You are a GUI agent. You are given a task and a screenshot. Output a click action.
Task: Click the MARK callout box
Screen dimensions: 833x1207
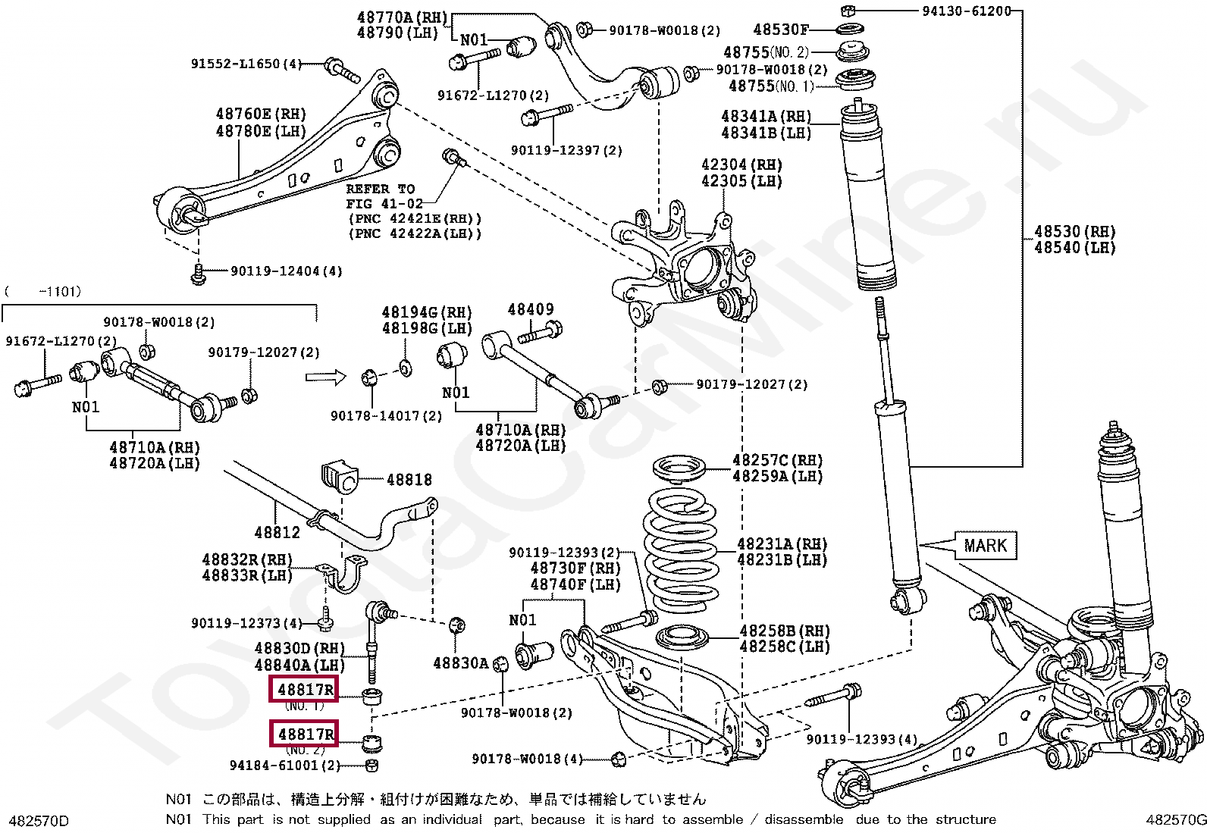pyautogui.click(x=985, y=546)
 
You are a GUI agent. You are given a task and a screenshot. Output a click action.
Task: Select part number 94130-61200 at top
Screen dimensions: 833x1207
pyautogui.click(x=966, y=11)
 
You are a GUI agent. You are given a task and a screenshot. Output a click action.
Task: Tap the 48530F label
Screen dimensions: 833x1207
pyautogui.click(x=780, y=30)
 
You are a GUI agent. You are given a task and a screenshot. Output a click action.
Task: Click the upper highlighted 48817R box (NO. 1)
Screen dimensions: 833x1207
pyautogui.click(x=305, y=690)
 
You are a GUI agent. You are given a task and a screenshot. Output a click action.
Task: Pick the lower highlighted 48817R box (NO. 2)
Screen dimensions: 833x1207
pyautogui.click(x=305, y=734)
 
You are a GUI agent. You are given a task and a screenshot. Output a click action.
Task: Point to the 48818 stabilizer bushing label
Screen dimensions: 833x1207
pyautogui.click(x=409, y=480)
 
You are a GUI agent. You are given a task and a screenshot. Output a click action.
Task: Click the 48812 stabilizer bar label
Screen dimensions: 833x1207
pyautogui.click(x=277, y=532)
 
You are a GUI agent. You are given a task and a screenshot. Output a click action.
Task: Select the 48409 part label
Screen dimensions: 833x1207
pyautogui.click(x=530, y=309)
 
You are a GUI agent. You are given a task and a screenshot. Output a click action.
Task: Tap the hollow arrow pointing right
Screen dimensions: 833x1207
pyautogui.click(x=325, y=377)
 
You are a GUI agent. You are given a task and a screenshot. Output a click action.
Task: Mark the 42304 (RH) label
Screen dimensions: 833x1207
pyautogui.click(x=741, y=164)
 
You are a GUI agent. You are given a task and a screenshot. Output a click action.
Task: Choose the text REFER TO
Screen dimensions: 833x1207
pyautogui.click(x=380, y=189)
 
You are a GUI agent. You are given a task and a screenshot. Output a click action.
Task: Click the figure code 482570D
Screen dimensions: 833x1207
pyautogui.click(x=38, y=821)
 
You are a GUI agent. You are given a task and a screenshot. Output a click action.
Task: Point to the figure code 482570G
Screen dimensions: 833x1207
pyautogui.click(x=1175, y=819)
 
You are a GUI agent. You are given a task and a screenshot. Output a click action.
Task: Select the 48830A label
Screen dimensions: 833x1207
pyautogui.click(x=460, y=663)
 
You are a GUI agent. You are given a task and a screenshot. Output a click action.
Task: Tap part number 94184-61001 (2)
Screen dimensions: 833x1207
pyautogui.click(x=285, y=766)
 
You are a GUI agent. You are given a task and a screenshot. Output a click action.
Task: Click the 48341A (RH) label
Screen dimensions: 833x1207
pyautogui.click(x=766, y=116)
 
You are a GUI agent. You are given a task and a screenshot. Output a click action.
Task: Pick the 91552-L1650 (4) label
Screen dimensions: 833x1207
pyautogui.click(x=246, y=64)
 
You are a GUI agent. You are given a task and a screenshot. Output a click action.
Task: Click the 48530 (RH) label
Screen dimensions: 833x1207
pyautogui.click(x=1074, y=231)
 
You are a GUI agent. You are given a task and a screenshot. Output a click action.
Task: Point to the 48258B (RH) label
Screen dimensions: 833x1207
pyautogui.click(x=784, y=631)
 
